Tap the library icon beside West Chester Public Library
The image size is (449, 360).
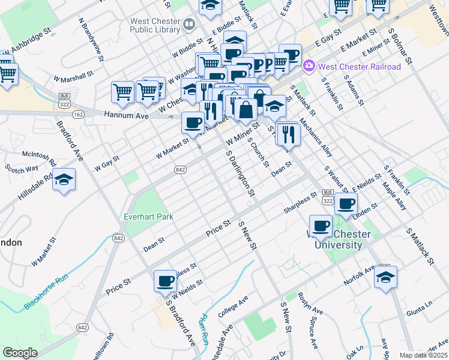coord(190,25)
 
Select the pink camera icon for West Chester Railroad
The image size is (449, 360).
coord(310,65)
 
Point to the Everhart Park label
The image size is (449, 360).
coord(148,216)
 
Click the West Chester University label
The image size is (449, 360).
coord(335,239)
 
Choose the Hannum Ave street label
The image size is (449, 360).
coord(125,114)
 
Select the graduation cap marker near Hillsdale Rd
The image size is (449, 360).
coord(64,181)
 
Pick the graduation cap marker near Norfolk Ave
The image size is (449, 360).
coord(385,277)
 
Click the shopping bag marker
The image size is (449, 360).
coord(246,110)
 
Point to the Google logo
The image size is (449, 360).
coord(20,353)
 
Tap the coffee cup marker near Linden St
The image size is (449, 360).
coord(345,204)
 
